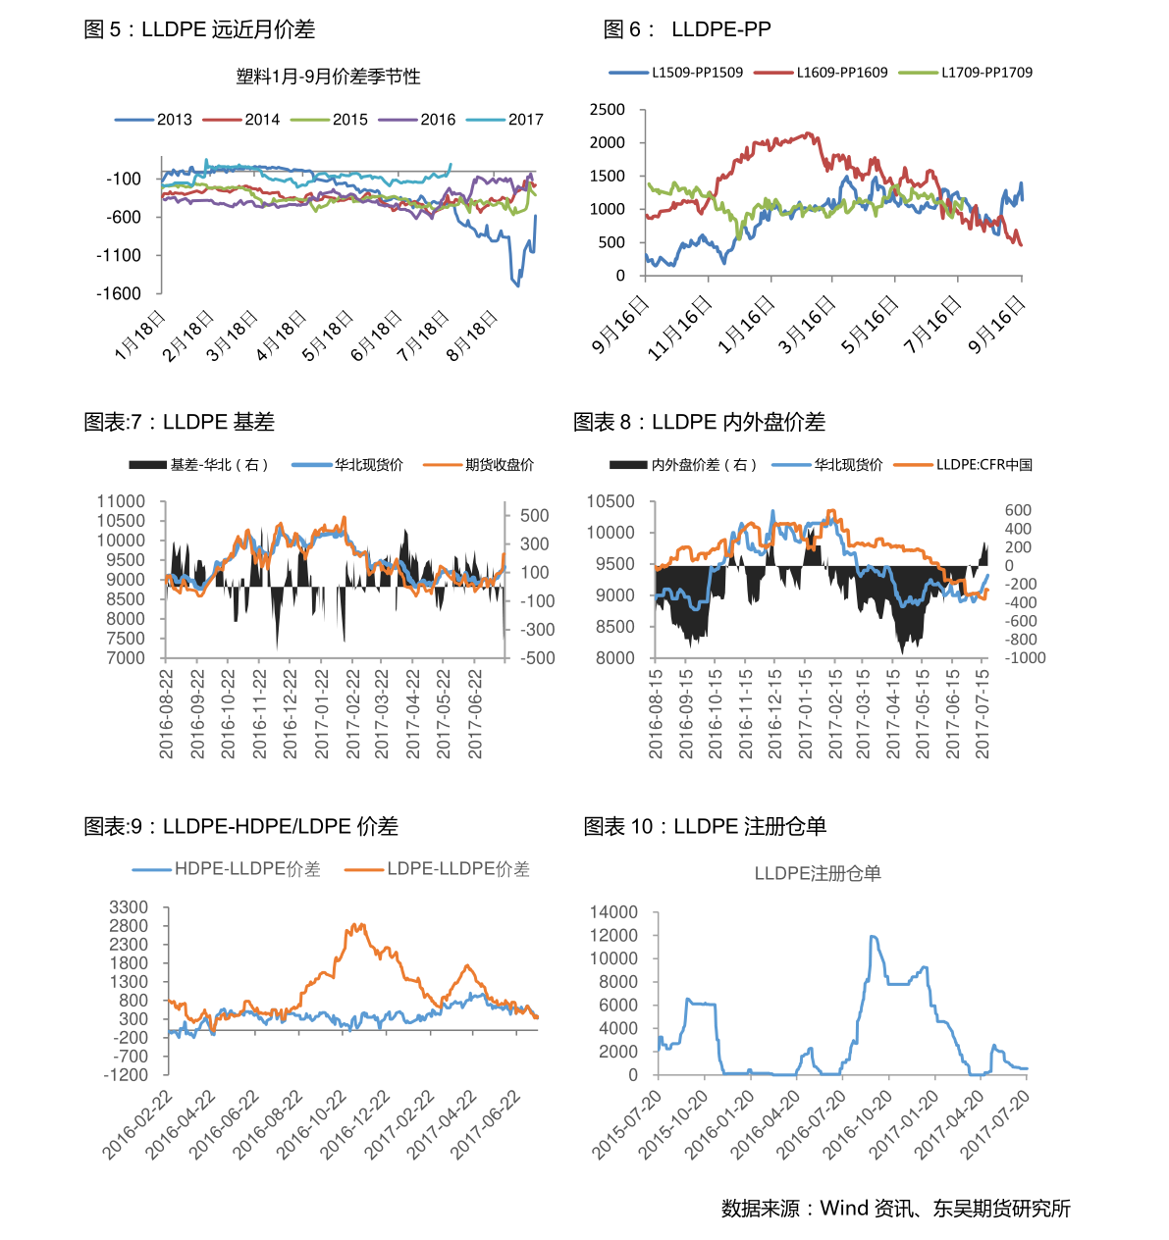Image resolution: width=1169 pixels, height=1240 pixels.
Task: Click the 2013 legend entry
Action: coord(153,120)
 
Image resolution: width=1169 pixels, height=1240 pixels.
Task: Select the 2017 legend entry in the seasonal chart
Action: coord(505,120)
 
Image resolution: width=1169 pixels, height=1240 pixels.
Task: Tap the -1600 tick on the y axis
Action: coord(119,293)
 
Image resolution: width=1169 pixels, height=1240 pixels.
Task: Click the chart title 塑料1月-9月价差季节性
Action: coord(328,77)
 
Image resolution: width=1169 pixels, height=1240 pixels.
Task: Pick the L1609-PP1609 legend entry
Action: coord(821,73)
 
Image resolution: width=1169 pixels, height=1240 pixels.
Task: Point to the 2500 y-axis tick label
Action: coord(607,110)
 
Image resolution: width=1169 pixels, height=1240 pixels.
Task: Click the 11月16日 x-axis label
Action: coord(681,328)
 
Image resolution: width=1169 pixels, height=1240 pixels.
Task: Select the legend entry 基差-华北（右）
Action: coord(199,465)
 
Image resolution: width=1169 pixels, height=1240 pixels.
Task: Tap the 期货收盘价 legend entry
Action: coord(479,465)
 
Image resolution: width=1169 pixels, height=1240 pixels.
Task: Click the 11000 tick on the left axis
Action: coord(121,501)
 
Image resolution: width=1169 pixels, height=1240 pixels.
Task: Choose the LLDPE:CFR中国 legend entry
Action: coord(963,465)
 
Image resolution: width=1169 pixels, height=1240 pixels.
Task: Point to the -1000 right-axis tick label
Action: coord(1025,658)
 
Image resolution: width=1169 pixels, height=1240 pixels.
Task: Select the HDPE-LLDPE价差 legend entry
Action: coord(226,869)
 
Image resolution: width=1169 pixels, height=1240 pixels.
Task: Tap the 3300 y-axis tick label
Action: coord(128,907)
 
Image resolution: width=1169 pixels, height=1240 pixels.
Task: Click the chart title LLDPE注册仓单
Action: coord(818,873)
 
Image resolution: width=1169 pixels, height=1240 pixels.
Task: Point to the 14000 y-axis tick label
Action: coord(613,912)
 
